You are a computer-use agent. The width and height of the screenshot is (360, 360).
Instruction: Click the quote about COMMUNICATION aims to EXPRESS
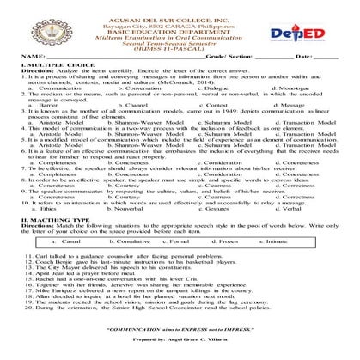click(x=180, y=327)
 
